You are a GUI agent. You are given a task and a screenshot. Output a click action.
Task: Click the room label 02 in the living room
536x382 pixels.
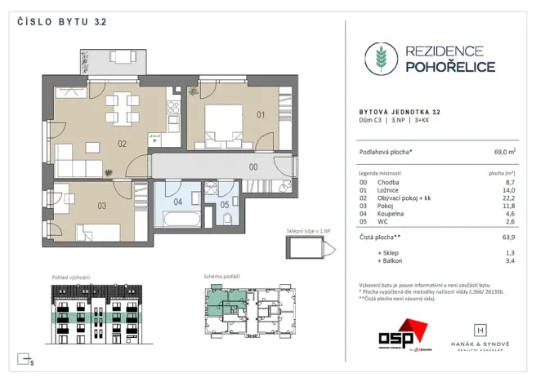click(121, 144)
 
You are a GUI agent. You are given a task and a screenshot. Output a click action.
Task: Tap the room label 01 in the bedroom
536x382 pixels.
click(261, 114)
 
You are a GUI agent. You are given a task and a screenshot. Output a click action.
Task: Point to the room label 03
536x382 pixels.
click(102, 205)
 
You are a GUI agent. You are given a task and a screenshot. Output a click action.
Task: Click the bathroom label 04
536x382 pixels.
click(178, 201)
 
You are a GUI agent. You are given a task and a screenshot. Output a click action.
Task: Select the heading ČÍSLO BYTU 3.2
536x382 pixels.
click(61, 22)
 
